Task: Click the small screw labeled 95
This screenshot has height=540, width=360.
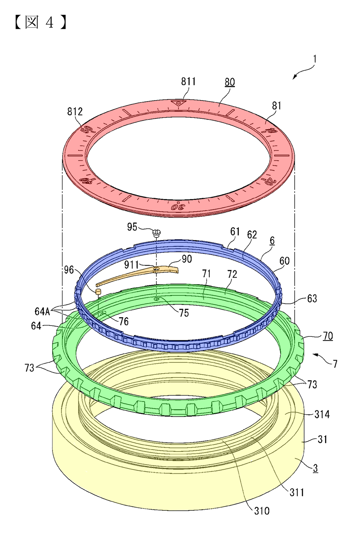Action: tap(157, 233)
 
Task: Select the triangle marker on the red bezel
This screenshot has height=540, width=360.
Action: tap(179, 103)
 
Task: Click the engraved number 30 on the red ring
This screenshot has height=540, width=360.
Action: tap(178, 207)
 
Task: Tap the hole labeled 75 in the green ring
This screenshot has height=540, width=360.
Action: tap(157, 299)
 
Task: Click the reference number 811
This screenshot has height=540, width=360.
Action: tap(188, 81)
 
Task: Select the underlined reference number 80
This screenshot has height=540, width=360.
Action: tap(230, 82)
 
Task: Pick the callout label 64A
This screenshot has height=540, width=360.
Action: tap(42, 312)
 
